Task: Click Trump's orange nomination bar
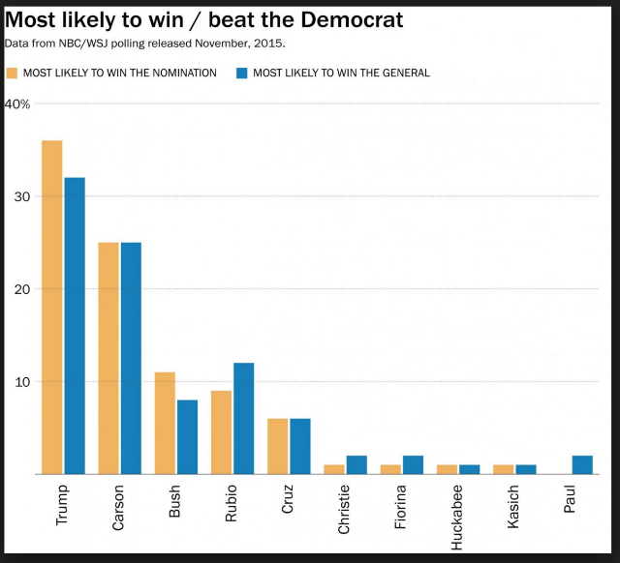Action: [x=52, y=308]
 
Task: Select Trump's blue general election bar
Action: [x=75, y=326]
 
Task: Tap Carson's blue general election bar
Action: [x=132, y=358]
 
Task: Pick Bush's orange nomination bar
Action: [x=165, y=423]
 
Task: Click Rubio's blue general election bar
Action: [x=244, y=419]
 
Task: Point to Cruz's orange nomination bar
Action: [x=278, y=446]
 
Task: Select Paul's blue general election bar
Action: [x=582, y=464]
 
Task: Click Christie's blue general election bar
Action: [x=356, y=464]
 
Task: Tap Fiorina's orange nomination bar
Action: [x=390, y=469]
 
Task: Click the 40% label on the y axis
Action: [x=17, y=104]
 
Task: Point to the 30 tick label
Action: [x=22, y=196]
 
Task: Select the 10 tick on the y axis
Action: [x=22, y=382]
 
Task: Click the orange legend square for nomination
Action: [x=13, y=74]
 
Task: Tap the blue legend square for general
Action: [x=242, y=74]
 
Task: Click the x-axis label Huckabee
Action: [x=456, y=518]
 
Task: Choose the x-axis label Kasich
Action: [x=512, y=507]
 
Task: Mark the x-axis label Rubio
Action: [x=231, y=503]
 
